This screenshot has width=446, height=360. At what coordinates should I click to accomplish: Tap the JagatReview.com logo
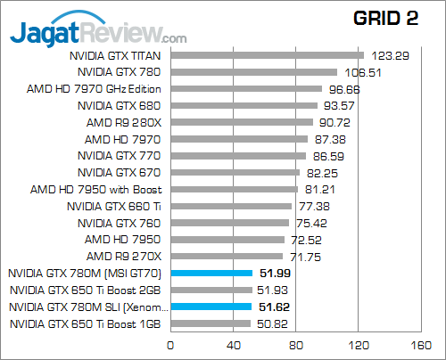[x=98, y=33]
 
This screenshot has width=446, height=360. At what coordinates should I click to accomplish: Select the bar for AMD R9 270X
[x=227, y=256]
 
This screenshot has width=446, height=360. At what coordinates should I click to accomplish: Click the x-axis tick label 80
[x=296, y=346]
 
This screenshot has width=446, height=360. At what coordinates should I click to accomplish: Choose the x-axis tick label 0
[x=170, y=346]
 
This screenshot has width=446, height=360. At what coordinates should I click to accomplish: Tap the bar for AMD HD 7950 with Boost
[x=234, y=189]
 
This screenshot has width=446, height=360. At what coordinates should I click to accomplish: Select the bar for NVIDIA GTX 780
[x=253, y=72]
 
